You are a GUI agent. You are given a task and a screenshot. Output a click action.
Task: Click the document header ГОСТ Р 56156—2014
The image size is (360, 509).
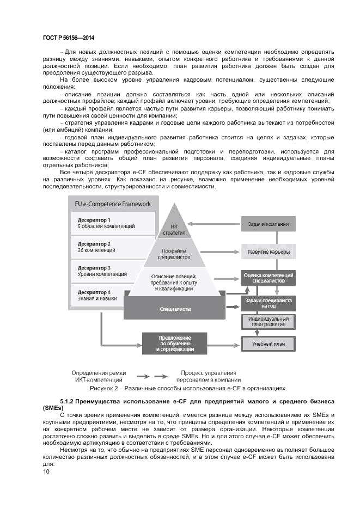pos(68,38)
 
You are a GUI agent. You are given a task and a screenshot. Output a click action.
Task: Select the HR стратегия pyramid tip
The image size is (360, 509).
pos(174,229)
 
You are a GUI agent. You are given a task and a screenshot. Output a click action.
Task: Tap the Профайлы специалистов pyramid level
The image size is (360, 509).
pos(174,254)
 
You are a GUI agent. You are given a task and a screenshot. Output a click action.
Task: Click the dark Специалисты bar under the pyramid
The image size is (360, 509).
pos(175,309)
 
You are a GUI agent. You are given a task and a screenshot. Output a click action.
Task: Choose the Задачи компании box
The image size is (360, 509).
pos(268,224)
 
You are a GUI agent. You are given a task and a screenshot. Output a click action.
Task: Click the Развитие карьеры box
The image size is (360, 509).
pos(268,252)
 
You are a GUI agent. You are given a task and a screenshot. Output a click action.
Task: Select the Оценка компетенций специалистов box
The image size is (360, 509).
pos(268,278)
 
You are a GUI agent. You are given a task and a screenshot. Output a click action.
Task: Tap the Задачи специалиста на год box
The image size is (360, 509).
pos(268,303)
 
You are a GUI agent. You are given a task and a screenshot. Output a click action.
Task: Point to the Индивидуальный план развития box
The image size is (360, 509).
pos(268,321)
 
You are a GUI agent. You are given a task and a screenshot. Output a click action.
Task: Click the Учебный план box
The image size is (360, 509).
pos(268,344)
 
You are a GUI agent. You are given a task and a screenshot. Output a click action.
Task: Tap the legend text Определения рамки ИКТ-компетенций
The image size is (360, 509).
pos(97,376)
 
